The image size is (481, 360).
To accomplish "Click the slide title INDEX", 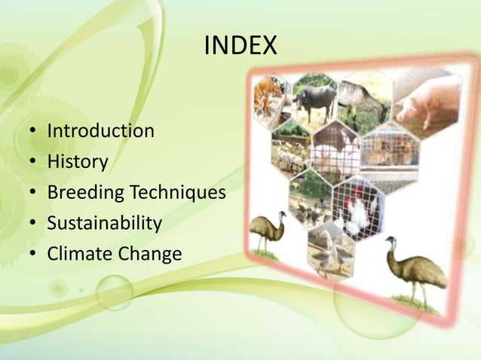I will coord(240,47).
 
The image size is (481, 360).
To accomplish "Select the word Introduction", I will coord(100,131).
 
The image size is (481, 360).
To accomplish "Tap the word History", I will coord(78,162).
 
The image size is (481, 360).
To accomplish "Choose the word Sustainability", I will coord(104,224).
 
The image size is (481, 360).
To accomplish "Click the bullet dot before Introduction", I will coord(33,133).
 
